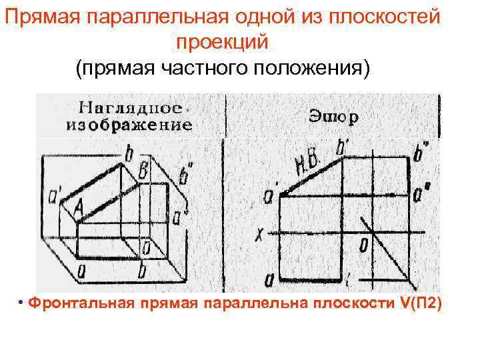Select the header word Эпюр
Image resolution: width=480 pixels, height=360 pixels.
tap(334, 117)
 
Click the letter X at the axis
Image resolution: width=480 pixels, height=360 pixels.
tap(260, 233)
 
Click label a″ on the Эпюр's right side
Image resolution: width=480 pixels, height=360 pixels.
tap(421, 194)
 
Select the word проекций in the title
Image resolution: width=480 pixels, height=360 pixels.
tap(221, 42)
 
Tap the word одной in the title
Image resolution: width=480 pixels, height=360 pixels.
tap(224, 17)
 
